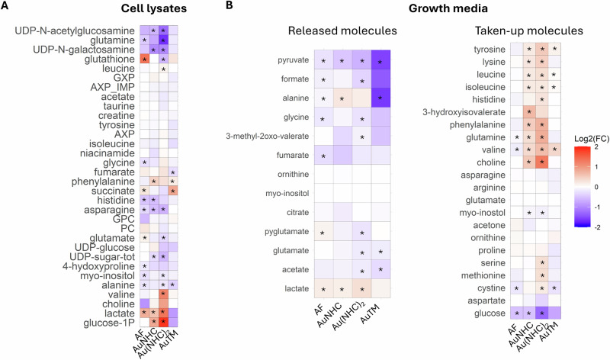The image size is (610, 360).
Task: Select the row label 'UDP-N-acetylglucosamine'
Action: (x=76, y=31)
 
